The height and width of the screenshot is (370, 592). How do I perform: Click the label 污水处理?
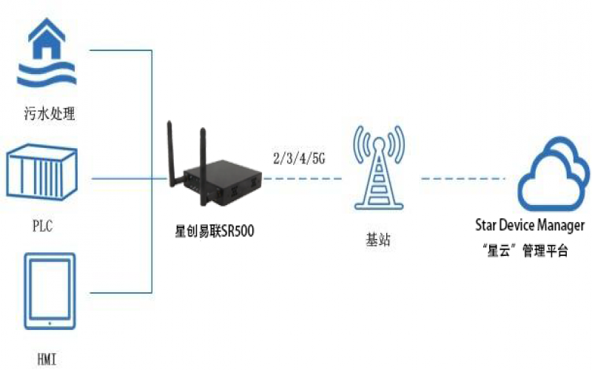[50, 115]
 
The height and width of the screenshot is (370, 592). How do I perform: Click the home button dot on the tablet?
[50, 323]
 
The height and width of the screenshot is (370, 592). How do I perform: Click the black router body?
[222, 181]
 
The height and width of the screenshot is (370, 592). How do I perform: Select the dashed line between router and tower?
[303, 178]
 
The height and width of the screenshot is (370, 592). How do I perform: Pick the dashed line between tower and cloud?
[462, 178]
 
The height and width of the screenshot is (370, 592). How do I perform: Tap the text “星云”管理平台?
[528, 252]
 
